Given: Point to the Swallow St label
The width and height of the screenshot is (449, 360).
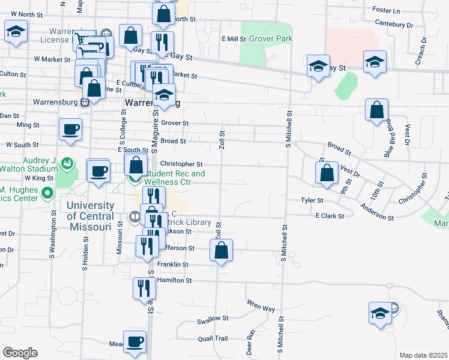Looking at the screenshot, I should click(x=210, y=321).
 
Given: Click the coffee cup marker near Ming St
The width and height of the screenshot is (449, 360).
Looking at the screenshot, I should click(x=71, y=130).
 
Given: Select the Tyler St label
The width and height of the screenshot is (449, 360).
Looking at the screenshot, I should click(x=312, y=200).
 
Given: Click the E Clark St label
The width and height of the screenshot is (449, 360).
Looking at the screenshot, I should click(x=330, y=215).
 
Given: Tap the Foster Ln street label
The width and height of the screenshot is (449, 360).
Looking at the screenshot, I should click(x=386, y=10).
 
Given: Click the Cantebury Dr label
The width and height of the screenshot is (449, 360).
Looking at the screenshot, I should click(x=394, y=24).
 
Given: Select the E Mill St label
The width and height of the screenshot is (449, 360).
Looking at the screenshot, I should click(x=234, y=39).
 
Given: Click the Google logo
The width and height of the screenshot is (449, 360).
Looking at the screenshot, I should click(x=20, y=353).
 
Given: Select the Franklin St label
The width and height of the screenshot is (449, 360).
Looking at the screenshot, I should click(x=173, y=264).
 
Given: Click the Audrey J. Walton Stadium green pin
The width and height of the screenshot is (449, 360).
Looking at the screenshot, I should click(x=67, y=163).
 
